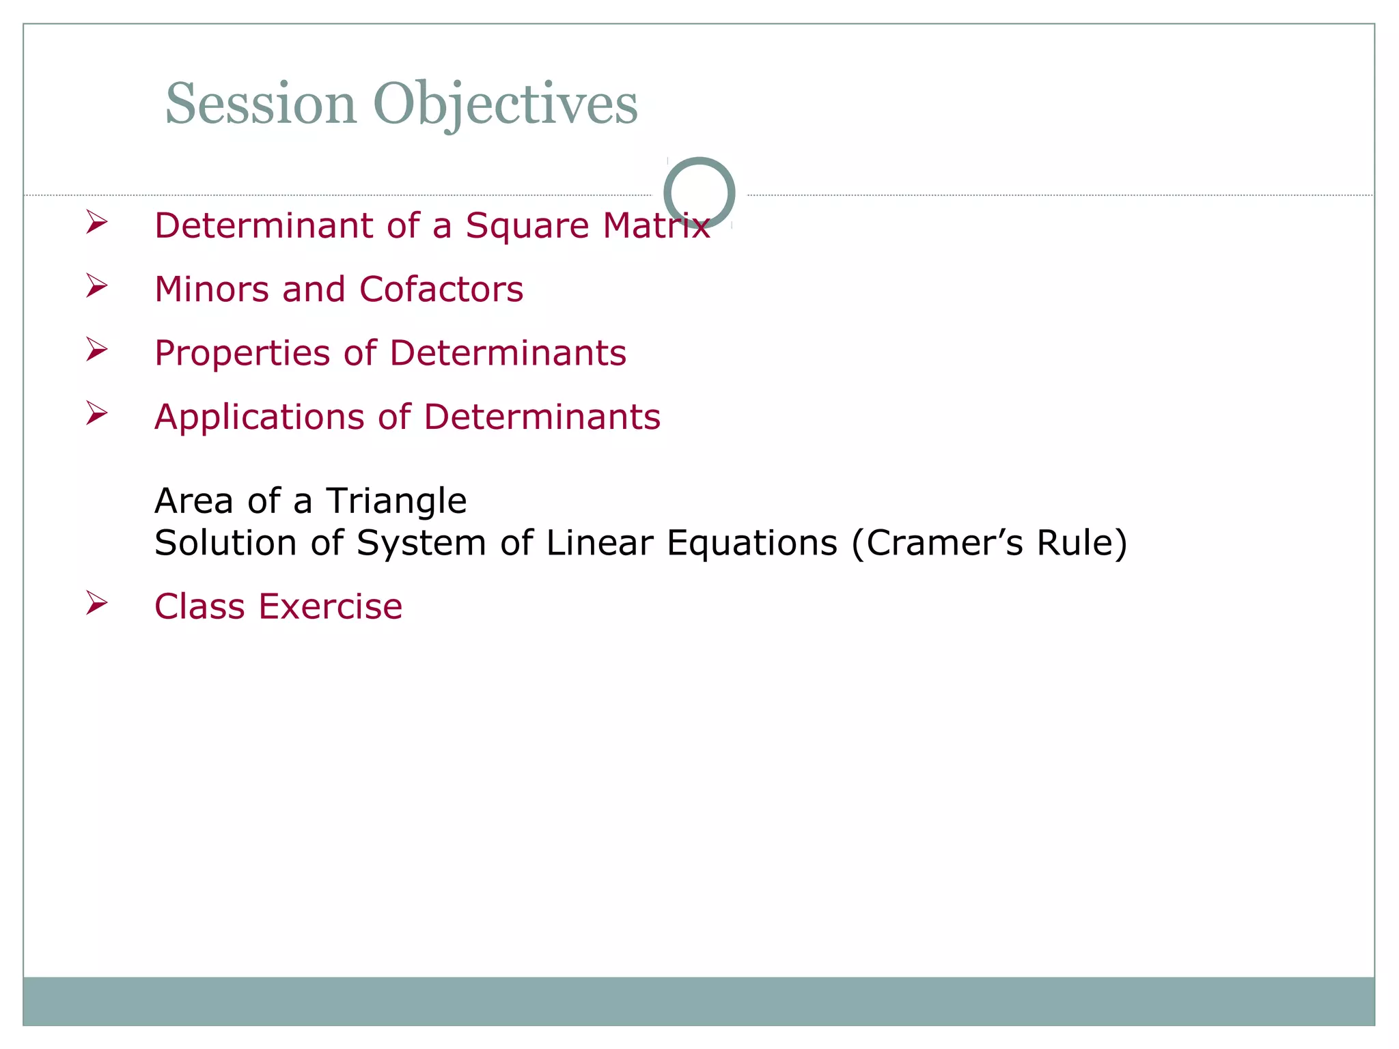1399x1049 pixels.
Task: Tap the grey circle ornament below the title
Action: tap(699, 193)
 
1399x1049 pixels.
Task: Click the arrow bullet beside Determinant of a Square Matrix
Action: tap(97, 223)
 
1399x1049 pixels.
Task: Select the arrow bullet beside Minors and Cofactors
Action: tap(97, 286)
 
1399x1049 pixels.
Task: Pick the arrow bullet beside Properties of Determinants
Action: tap(97, 350)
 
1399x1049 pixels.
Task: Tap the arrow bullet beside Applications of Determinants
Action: tap(97, 413)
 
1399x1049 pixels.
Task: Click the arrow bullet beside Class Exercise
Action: tap(97, 603)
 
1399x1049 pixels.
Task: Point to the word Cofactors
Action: tap(441, 289)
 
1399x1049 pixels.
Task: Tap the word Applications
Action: tap(259, 417)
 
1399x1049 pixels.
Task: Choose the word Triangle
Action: tap(396, 501)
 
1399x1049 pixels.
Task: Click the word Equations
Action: tap(751, 543)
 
